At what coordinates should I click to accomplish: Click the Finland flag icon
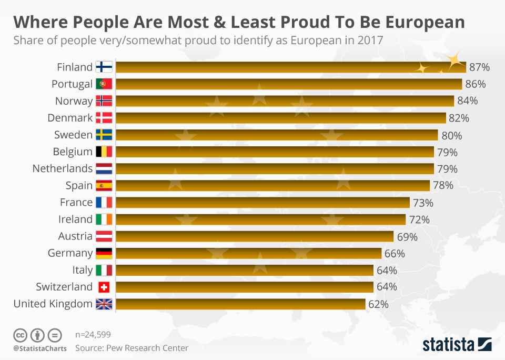104,67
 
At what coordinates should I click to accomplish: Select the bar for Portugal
288,84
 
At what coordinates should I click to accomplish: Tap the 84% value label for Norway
467,101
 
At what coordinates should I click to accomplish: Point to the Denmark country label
70,118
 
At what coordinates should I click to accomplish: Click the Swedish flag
104,135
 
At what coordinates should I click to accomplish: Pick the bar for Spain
272,185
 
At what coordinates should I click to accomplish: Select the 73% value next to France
423,203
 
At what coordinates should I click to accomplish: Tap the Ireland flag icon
104,219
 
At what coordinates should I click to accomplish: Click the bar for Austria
254,236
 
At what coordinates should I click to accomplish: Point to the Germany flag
104,253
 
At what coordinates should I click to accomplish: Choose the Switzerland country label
64,287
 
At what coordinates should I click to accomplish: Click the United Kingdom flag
104,304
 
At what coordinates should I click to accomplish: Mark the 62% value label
378,304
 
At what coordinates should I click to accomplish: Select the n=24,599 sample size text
93,334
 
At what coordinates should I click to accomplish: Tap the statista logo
457,345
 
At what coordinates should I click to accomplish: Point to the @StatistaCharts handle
40,348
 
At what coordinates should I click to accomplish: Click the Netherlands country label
63,168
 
